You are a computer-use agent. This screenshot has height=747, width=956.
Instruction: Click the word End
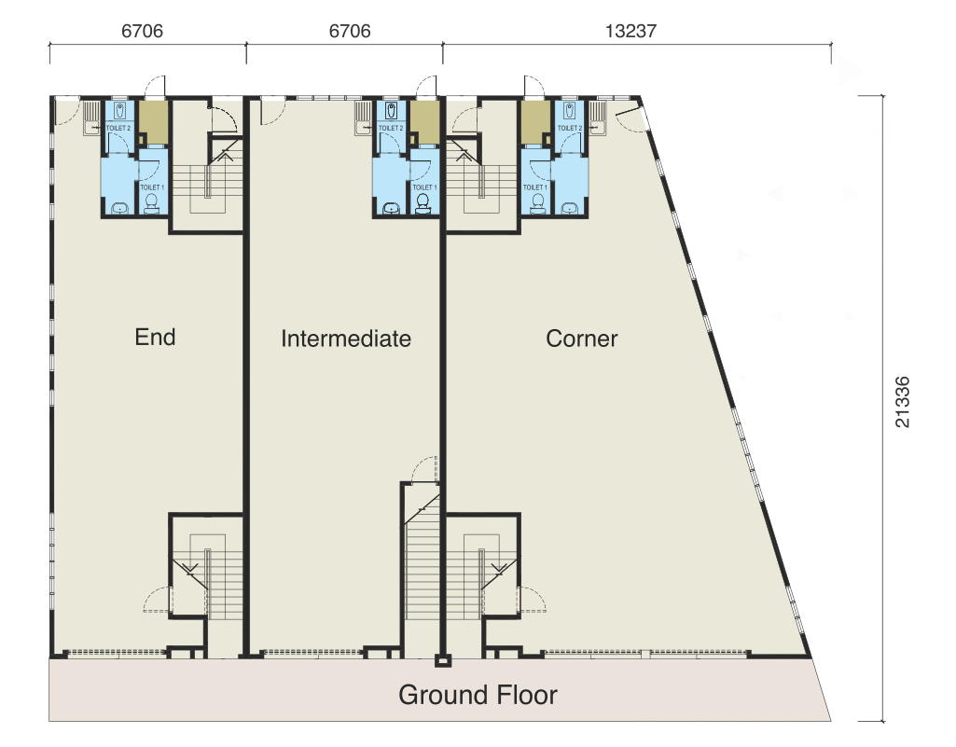(x=155, y=337)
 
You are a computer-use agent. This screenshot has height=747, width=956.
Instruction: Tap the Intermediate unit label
(x=346, y=339)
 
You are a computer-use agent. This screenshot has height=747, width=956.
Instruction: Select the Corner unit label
(x=582, y=339)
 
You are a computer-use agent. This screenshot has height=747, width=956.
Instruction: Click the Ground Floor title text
(x=478, y=695)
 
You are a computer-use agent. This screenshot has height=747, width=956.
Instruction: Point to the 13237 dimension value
(x=631, y=31)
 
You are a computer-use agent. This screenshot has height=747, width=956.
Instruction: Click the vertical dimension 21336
(x=902, y=401)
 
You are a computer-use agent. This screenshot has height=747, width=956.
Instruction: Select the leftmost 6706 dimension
(x=142, y=31)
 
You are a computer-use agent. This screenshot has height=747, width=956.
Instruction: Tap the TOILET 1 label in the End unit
(x=152, y=187)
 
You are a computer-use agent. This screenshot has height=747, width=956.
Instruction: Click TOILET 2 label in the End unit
(x=118, y=128)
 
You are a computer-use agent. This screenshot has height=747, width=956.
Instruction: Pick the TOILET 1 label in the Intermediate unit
(x=424, y=187)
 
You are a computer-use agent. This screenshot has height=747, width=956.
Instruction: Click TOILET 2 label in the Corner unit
(x=570, y=128)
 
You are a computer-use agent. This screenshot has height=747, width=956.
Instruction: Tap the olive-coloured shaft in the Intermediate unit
(x=424, y=121)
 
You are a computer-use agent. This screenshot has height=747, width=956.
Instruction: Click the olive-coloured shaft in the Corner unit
(x=534, y=121)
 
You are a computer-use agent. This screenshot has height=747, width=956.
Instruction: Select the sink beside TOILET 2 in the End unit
(x=90, y=125)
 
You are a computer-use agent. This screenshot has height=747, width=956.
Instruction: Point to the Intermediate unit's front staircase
(x=422, y=569)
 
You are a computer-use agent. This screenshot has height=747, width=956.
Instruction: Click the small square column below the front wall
(x=443, y=661)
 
